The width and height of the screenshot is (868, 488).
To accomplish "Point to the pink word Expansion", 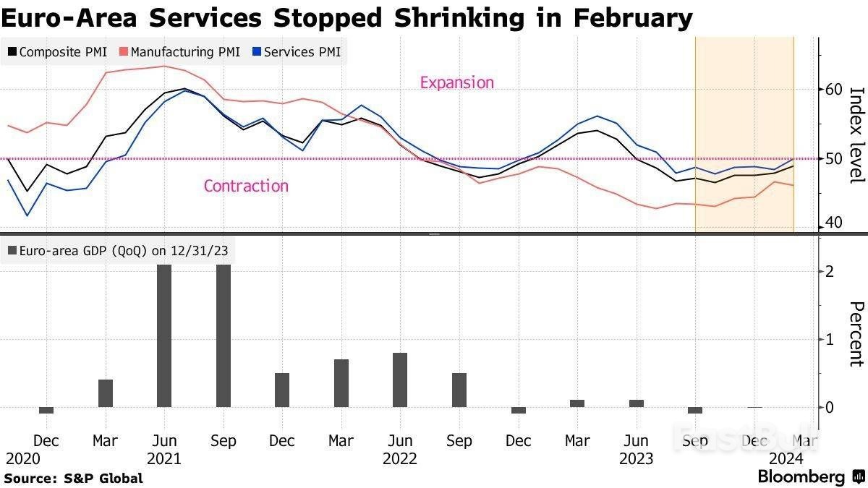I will [x=456, y=82].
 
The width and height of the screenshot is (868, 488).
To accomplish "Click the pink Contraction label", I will [x=246, y=186].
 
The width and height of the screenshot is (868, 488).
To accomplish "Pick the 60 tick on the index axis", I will [x=834, y=89].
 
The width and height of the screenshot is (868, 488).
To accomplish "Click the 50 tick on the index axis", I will [x=834, y=158].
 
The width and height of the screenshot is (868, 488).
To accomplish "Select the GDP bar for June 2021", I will [x=164, y=335].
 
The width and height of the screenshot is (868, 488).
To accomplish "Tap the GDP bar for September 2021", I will [x=224, y=335].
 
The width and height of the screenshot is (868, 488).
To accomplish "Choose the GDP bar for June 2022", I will [x=400, y=380].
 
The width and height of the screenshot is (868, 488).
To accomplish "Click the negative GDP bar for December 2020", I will [x=46, y=410].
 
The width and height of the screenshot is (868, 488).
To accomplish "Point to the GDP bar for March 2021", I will [x=106, y=393].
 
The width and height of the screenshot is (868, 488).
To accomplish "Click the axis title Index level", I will [x=856, y=134].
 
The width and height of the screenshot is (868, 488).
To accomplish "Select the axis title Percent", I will [x=856, y=334].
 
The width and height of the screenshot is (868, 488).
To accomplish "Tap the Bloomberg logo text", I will [x=801, y=477].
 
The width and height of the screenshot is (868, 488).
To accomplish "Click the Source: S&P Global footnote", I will [x=74, y=478].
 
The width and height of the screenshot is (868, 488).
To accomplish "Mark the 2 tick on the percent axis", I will [x=831, y=271].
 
